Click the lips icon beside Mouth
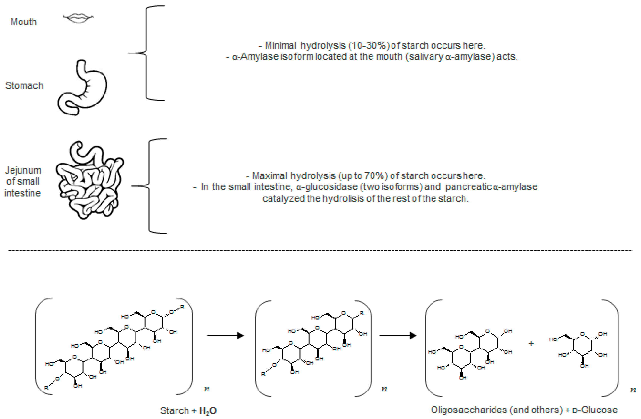[x=78, y=18]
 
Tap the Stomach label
[x=24, y=86]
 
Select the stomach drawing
[x=82, y=89]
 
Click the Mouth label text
[x=24, y=22]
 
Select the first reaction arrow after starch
[x=225, y=336]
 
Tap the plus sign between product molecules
[x=531, y=344]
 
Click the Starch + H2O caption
[x=188, y=411]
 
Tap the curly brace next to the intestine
[x=149, y=186]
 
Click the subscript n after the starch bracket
[x=207, y=389]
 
